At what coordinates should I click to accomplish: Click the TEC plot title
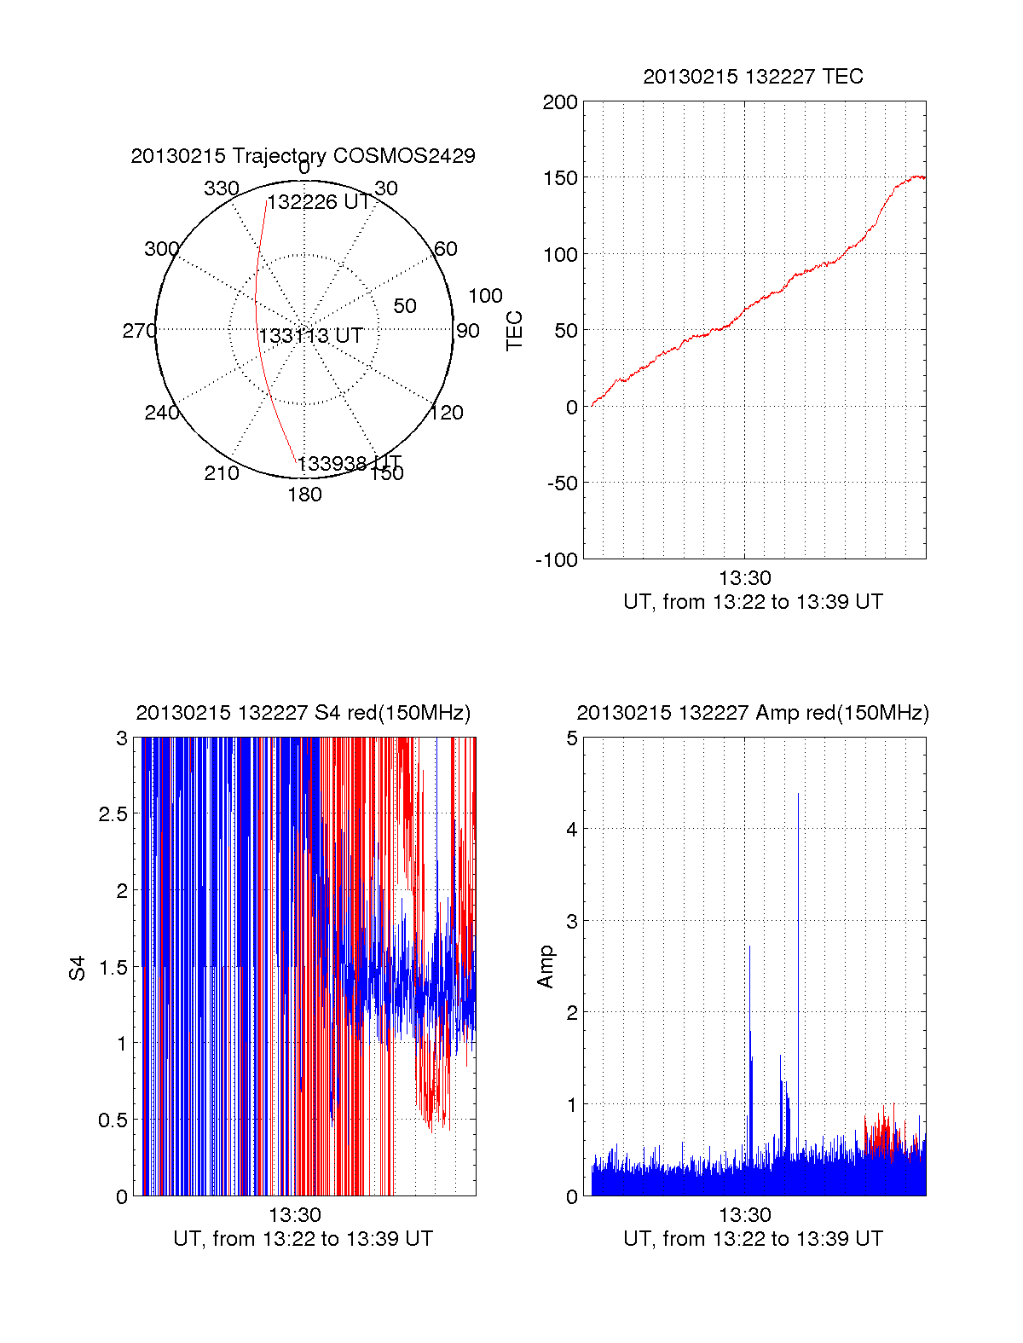coord(753,77)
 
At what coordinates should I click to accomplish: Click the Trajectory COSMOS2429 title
coord(303,156)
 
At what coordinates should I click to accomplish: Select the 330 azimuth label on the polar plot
coord(222,188)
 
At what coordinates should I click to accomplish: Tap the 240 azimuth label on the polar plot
coord(161,413)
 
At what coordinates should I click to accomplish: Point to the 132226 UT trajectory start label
coord(319,202)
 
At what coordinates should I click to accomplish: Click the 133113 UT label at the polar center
coord(311,336)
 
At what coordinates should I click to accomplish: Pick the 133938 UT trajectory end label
coord(349,463)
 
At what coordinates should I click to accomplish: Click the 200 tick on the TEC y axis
coord(560,102)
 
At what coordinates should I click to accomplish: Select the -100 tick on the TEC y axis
coord(557,560)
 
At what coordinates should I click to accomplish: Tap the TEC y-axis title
coord(515,331)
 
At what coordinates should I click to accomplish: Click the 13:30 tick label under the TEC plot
coord(744,578)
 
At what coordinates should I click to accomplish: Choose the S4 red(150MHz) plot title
coord(303,713)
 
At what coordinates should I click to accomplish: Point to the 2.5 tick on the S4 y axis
coord(113,814)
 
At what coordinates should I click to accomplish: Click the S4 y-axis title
coord(78,968)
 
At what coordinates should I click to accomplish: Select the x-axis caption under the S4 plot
coord(303,1238)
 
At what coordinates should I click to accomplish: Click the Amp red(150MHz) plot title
coord(753,713)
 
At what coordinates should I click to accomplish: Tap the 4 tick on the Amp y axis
coord(572,829)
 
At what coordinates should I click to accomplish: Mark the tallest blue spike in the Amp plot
coord(798,796)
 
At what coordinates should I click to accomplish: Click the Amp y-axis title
coord(546,966)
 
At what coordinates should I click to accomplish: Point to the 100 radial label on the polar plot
coord(485,296)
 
